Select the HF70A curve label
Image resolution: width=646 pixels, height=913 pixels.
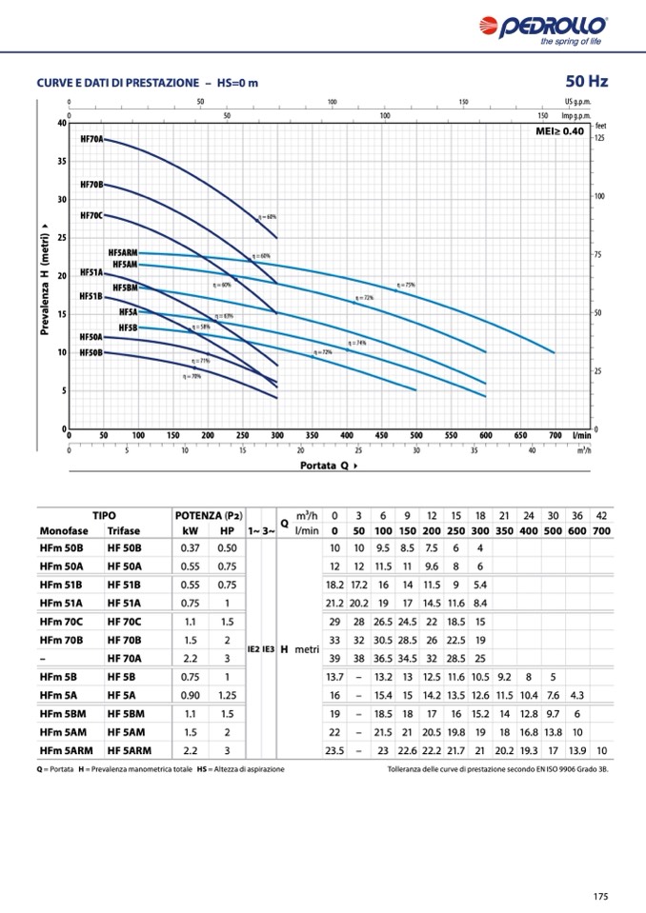click(91, 139)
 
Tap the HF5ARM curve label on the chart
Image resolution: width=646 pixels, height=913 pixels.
click(123, 252)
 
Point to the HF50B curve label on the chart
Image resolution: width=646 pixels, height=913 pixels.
click(91, 352)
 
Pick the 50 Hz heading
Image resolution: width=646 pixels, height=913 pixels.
click(586, 81)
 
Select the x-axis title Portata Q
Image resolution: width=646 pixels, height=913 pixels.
click(329, 466)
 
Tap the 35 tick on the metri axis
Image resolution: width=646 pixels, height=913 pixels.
click(61, 161)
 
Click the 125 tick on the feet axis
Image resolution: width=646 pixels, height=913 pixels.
click(599, 138)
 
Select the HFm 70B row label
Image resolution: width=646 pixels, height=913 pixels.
click(62, 641)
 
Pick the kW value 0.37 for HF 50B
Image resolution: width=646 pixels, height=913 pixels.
click(190, 548)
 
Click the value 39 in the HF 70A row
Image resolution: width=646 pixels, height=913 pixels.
click(334, 659)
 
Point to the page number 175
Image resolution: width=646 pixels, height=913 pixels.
click(600, 896)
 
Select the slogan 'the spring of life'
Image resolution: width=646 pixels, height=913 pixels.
click(571, 41)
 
